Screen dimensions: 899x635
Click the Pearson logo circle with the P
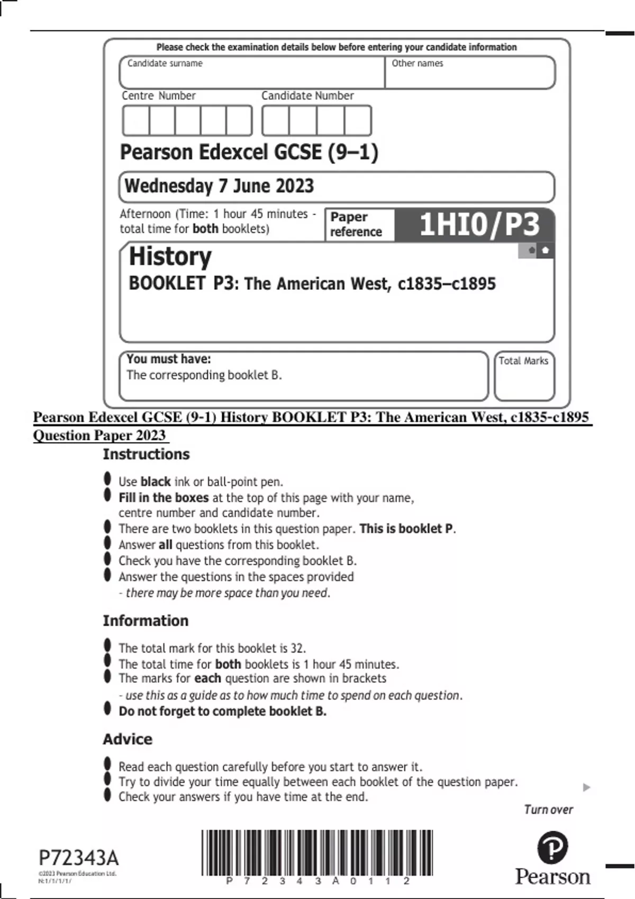(x=552, y=847)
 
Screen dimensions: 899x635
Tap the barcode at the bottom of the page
(x=317, y=852)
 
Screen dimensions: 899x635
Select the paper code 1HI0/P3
(x=479, y=225)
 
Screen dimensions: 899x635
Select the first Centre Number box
(x=136, y=121)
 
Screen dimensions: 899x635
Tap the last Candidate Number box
(x=358, y=121)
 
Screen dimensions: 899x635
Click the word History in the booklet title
(x=170, y=256)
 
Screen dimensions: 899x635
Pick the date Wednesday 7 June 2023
(x=219, y=186)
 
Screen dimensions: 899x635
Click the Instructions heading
(x=146, y=454)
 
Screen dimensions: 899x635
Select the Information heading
(x=146, y=620)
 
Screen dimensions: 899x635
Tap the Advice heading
(x=128, y=739)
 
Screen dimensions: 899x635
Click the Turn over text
(x=548, y=810)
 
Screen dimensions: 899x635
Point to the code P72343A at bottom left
(x=79, y=857)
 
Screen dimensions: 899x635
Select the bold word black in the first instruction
(x=156, y=482)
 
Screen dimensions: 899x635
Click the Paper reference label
(x=356, y=225)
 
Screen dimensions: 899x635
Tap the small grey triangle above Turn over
(x=586, y=787)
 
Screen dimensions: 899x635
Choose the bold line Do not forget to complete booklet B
(x=222, y=711)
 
